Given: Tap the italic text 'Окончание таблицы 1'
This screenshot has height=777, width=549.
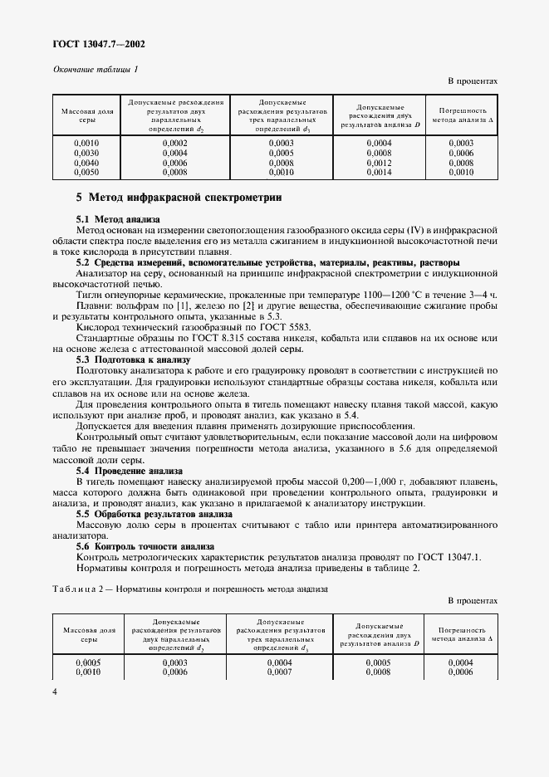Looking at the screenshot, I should click(96, 68).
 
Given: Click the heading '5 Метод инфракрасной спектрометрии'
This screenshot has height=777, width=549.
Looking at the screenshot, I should click(179, 198).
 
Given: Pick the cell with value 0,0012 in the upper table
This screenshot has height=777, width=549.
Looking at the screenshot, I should click(379, 163).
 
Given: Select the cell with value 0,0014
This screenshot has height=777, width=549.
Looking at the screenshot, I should click(379, 173).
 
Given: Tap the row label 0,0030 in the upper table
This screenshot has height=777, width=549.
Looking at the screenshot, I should click(86, 153).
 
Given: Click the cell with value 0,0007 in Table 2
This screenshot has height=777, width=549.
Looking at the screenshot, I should click(281, 671).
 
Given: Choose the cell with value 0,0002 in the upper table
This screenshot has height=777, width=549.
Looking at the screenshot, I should click(175, 143).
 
